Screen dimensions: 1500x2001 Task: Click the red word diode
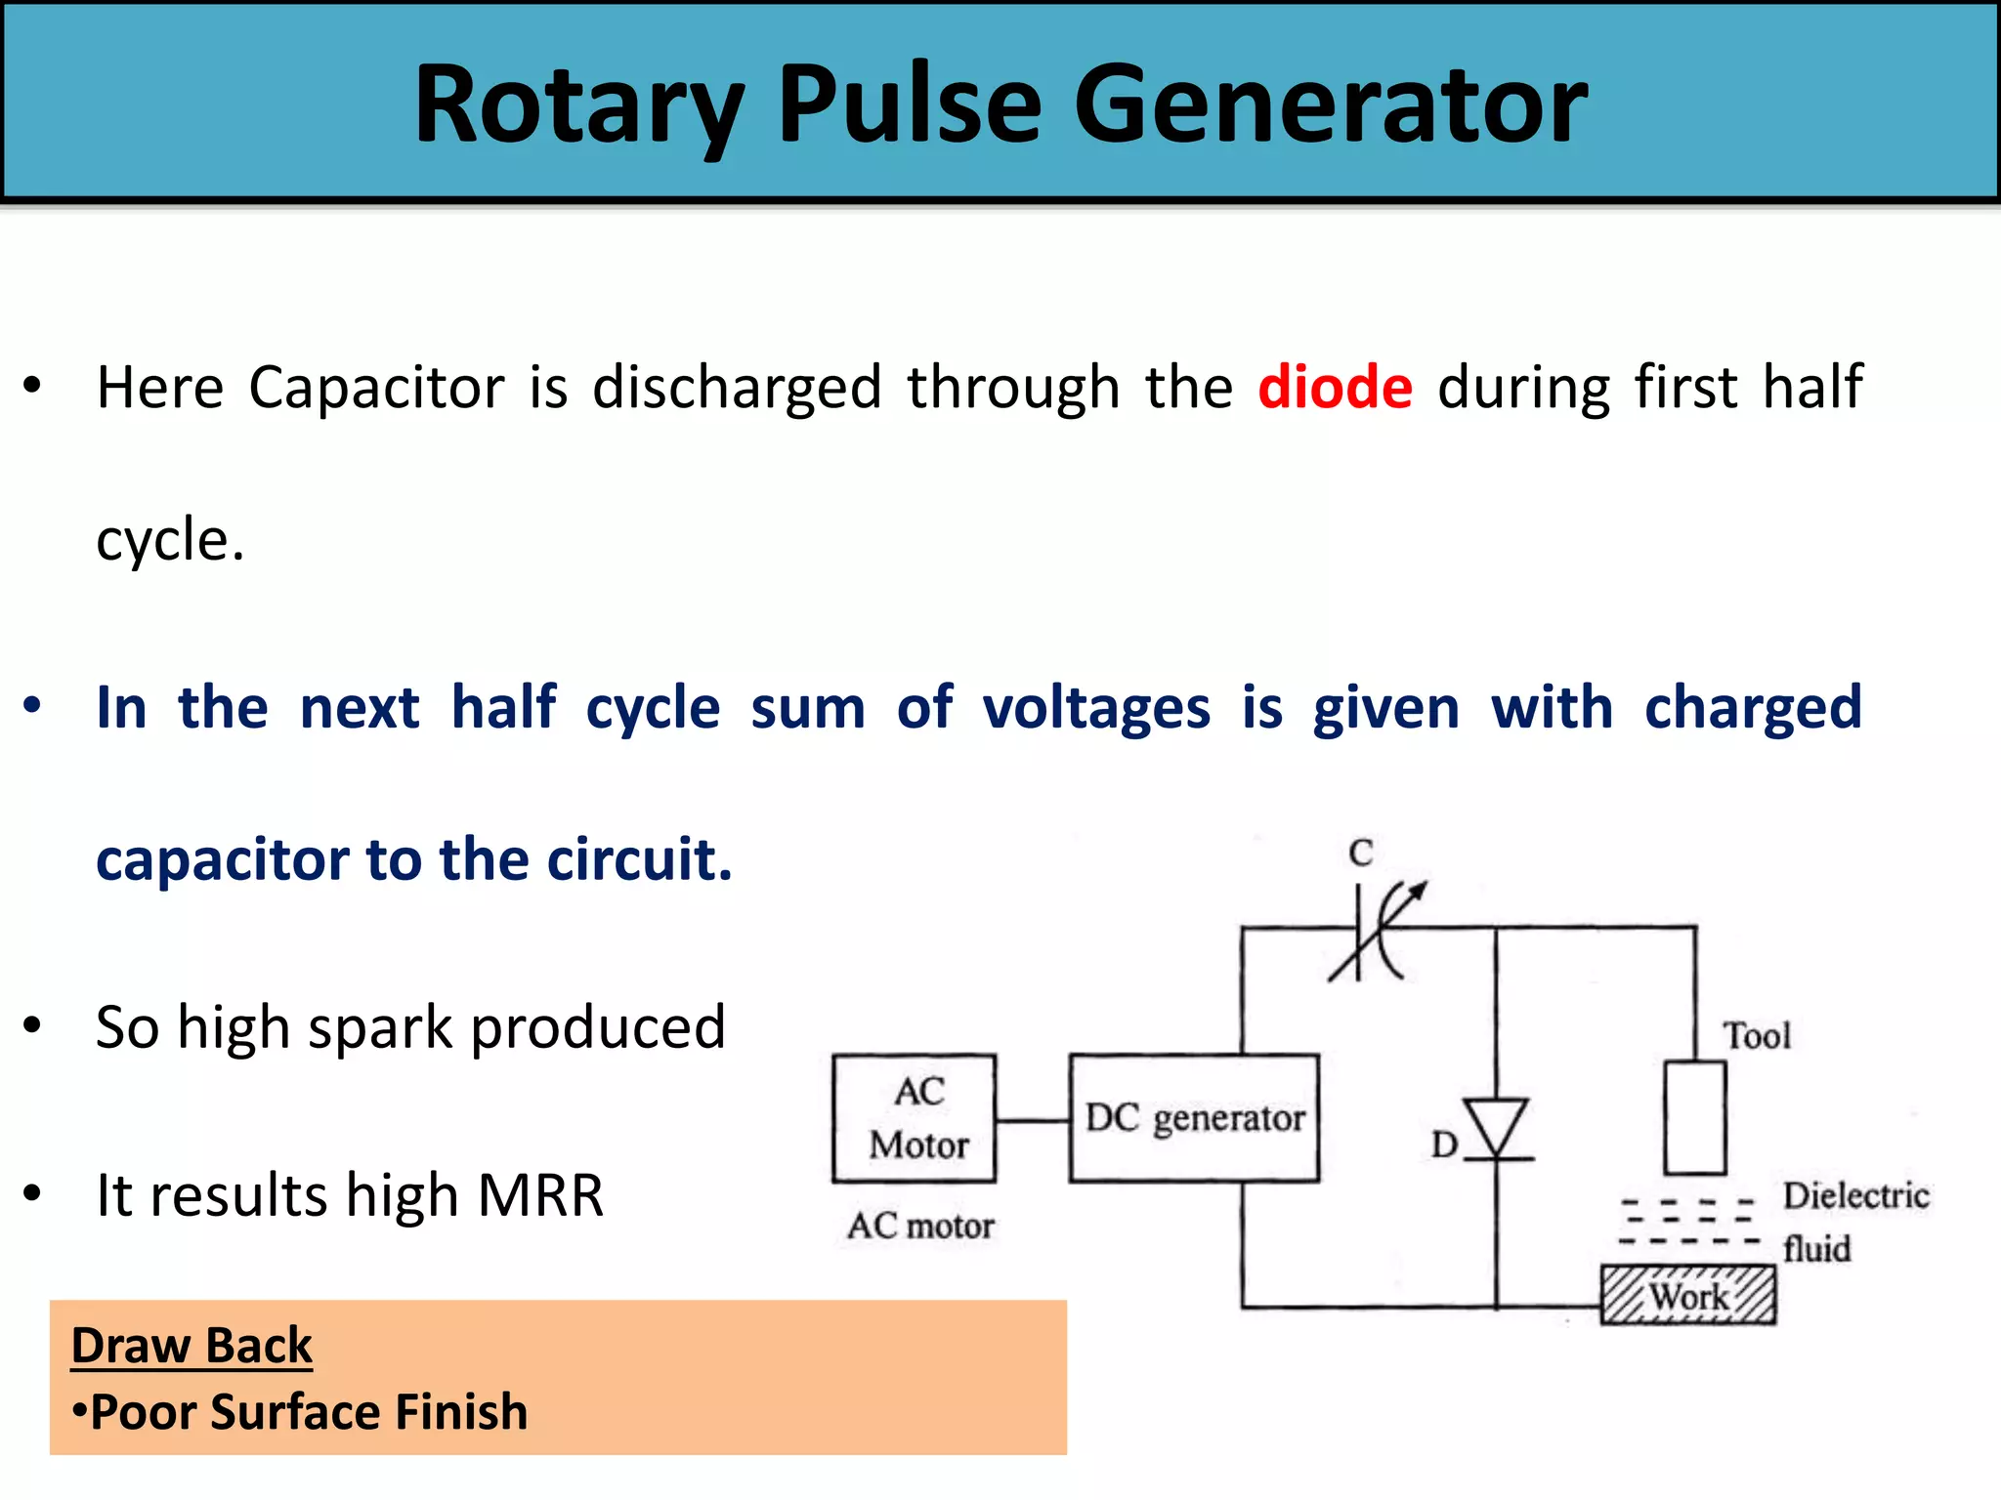click(x=1335, y=387)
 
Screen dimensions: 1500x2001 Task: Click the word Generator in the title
click(x=1331, y=104)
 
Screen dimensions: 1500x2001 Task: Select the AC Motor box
click(x=915, y=1118)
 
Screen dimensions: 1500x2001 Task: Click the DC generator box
click(x=1194, y=1118)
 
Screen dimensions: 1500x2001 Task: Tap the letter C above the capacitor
click(x=1361, y=853)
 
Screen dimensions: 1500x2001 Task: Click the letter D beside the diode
click(x=1443, y=1145)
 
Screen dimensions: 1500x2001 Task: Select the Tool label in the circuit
click(x=1756, y=1036)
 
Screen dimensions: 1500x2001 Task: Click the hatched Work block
click(x=1687, y=1296)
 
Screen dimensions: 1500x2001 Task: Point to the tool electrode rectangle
click(x=1695, y=1118)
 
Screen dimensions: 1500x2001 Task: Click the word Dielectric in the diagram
click(x=1855, y=1195)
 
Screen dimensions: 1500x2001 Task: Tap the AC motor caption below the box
click(x=920, y=1226)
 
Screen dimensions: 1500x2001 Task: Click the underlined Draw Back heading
click(x=192, y=1346)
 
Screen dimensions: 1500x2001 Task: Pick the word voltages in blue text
click(x=1096, y=707)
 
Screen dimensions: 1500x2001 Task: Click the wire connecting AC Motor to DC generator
click(x=1033, y=1120)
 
